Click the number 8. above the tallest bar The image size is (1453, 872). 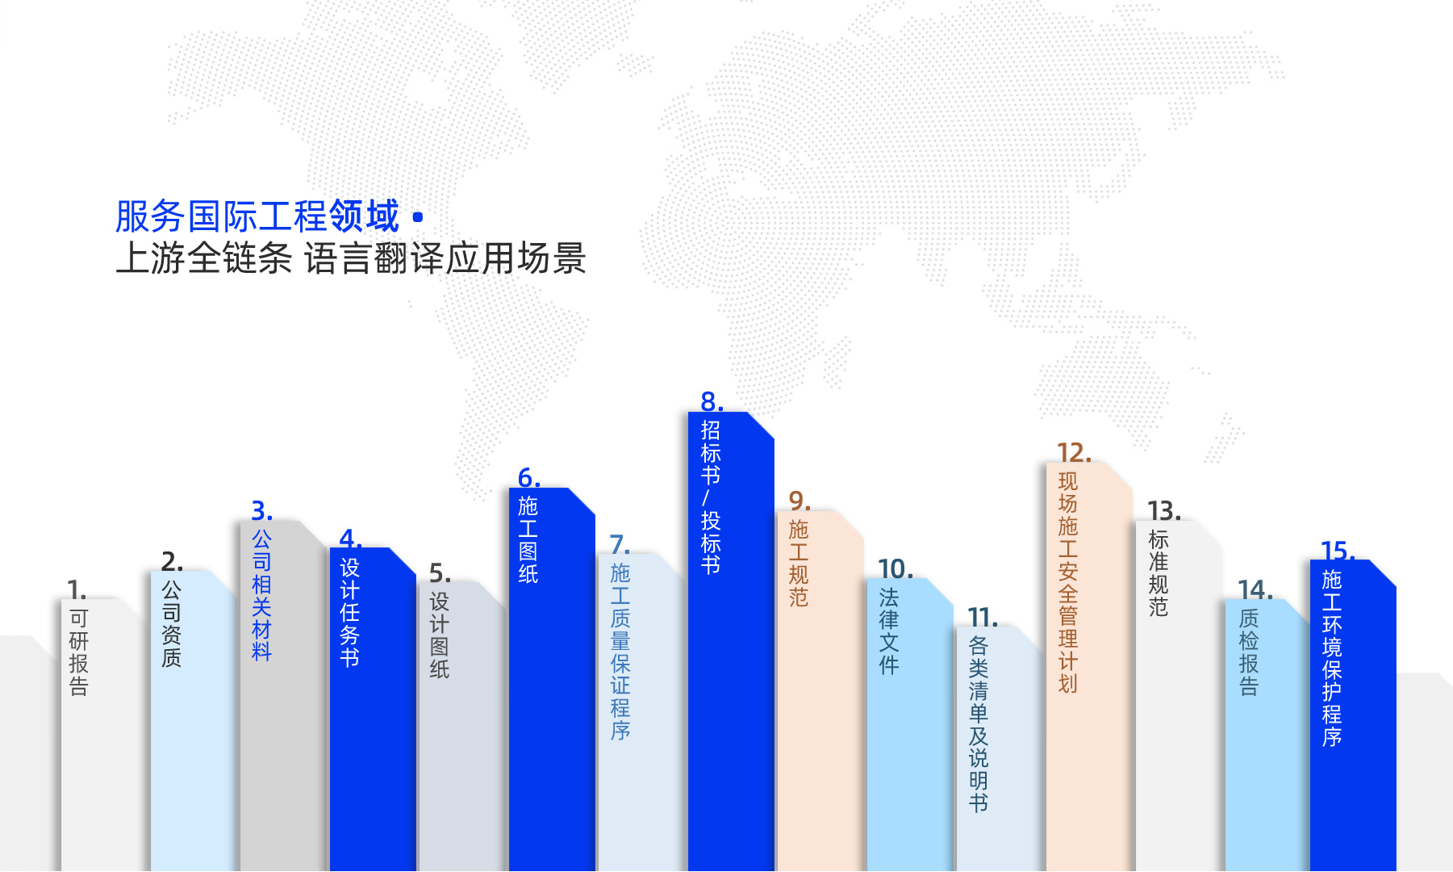pyautogui.click(x=712, y=401)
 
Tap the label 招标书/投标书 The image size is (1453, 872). pyautogui.click(x=711, y=497)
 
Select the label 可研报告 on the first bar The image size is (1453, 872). pyautogui.click(x=78, y=652)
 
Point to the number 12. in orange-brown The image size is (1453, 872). pyautogui.click(x=1074, y=452)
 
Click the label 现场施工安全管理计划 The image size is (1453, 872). pyautogui.click(x=1067, y=582)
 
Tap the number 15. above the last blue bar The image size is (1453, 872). pyautogui.click(x=1338, y=551)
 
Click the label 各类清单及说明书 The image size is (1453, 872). pyautogui.click(x=978, y=724)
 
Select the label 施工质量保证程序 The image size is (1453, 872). pyautogui.click(x=620, y=652)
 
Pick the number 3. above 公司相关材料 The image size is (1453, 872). pyautogui.click(x=262, y=510)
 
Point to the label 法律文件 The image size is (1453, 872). pyautogui.click(x=888, y=631)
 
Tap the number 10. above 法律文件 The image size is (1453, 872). pyautogui.click(x=896, y=568)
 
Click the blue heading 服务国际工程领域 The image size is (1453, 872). pyautogui.click(x=257, y=216)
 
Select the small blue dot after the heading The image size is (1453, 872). pyautogui.click(x=418, y=217)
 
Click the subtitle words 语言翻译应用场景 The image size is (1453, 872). pyautogui.click(x=445, y=258)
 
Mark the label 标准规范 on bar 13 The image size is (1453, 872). pyautogui.click(x=1158, y=572)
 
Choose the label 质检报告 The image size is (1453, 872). pyautogui.click(x=1248, y=652)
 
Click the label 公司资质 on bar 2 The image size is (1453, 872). pyautogui.click(x=171, y=623)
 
